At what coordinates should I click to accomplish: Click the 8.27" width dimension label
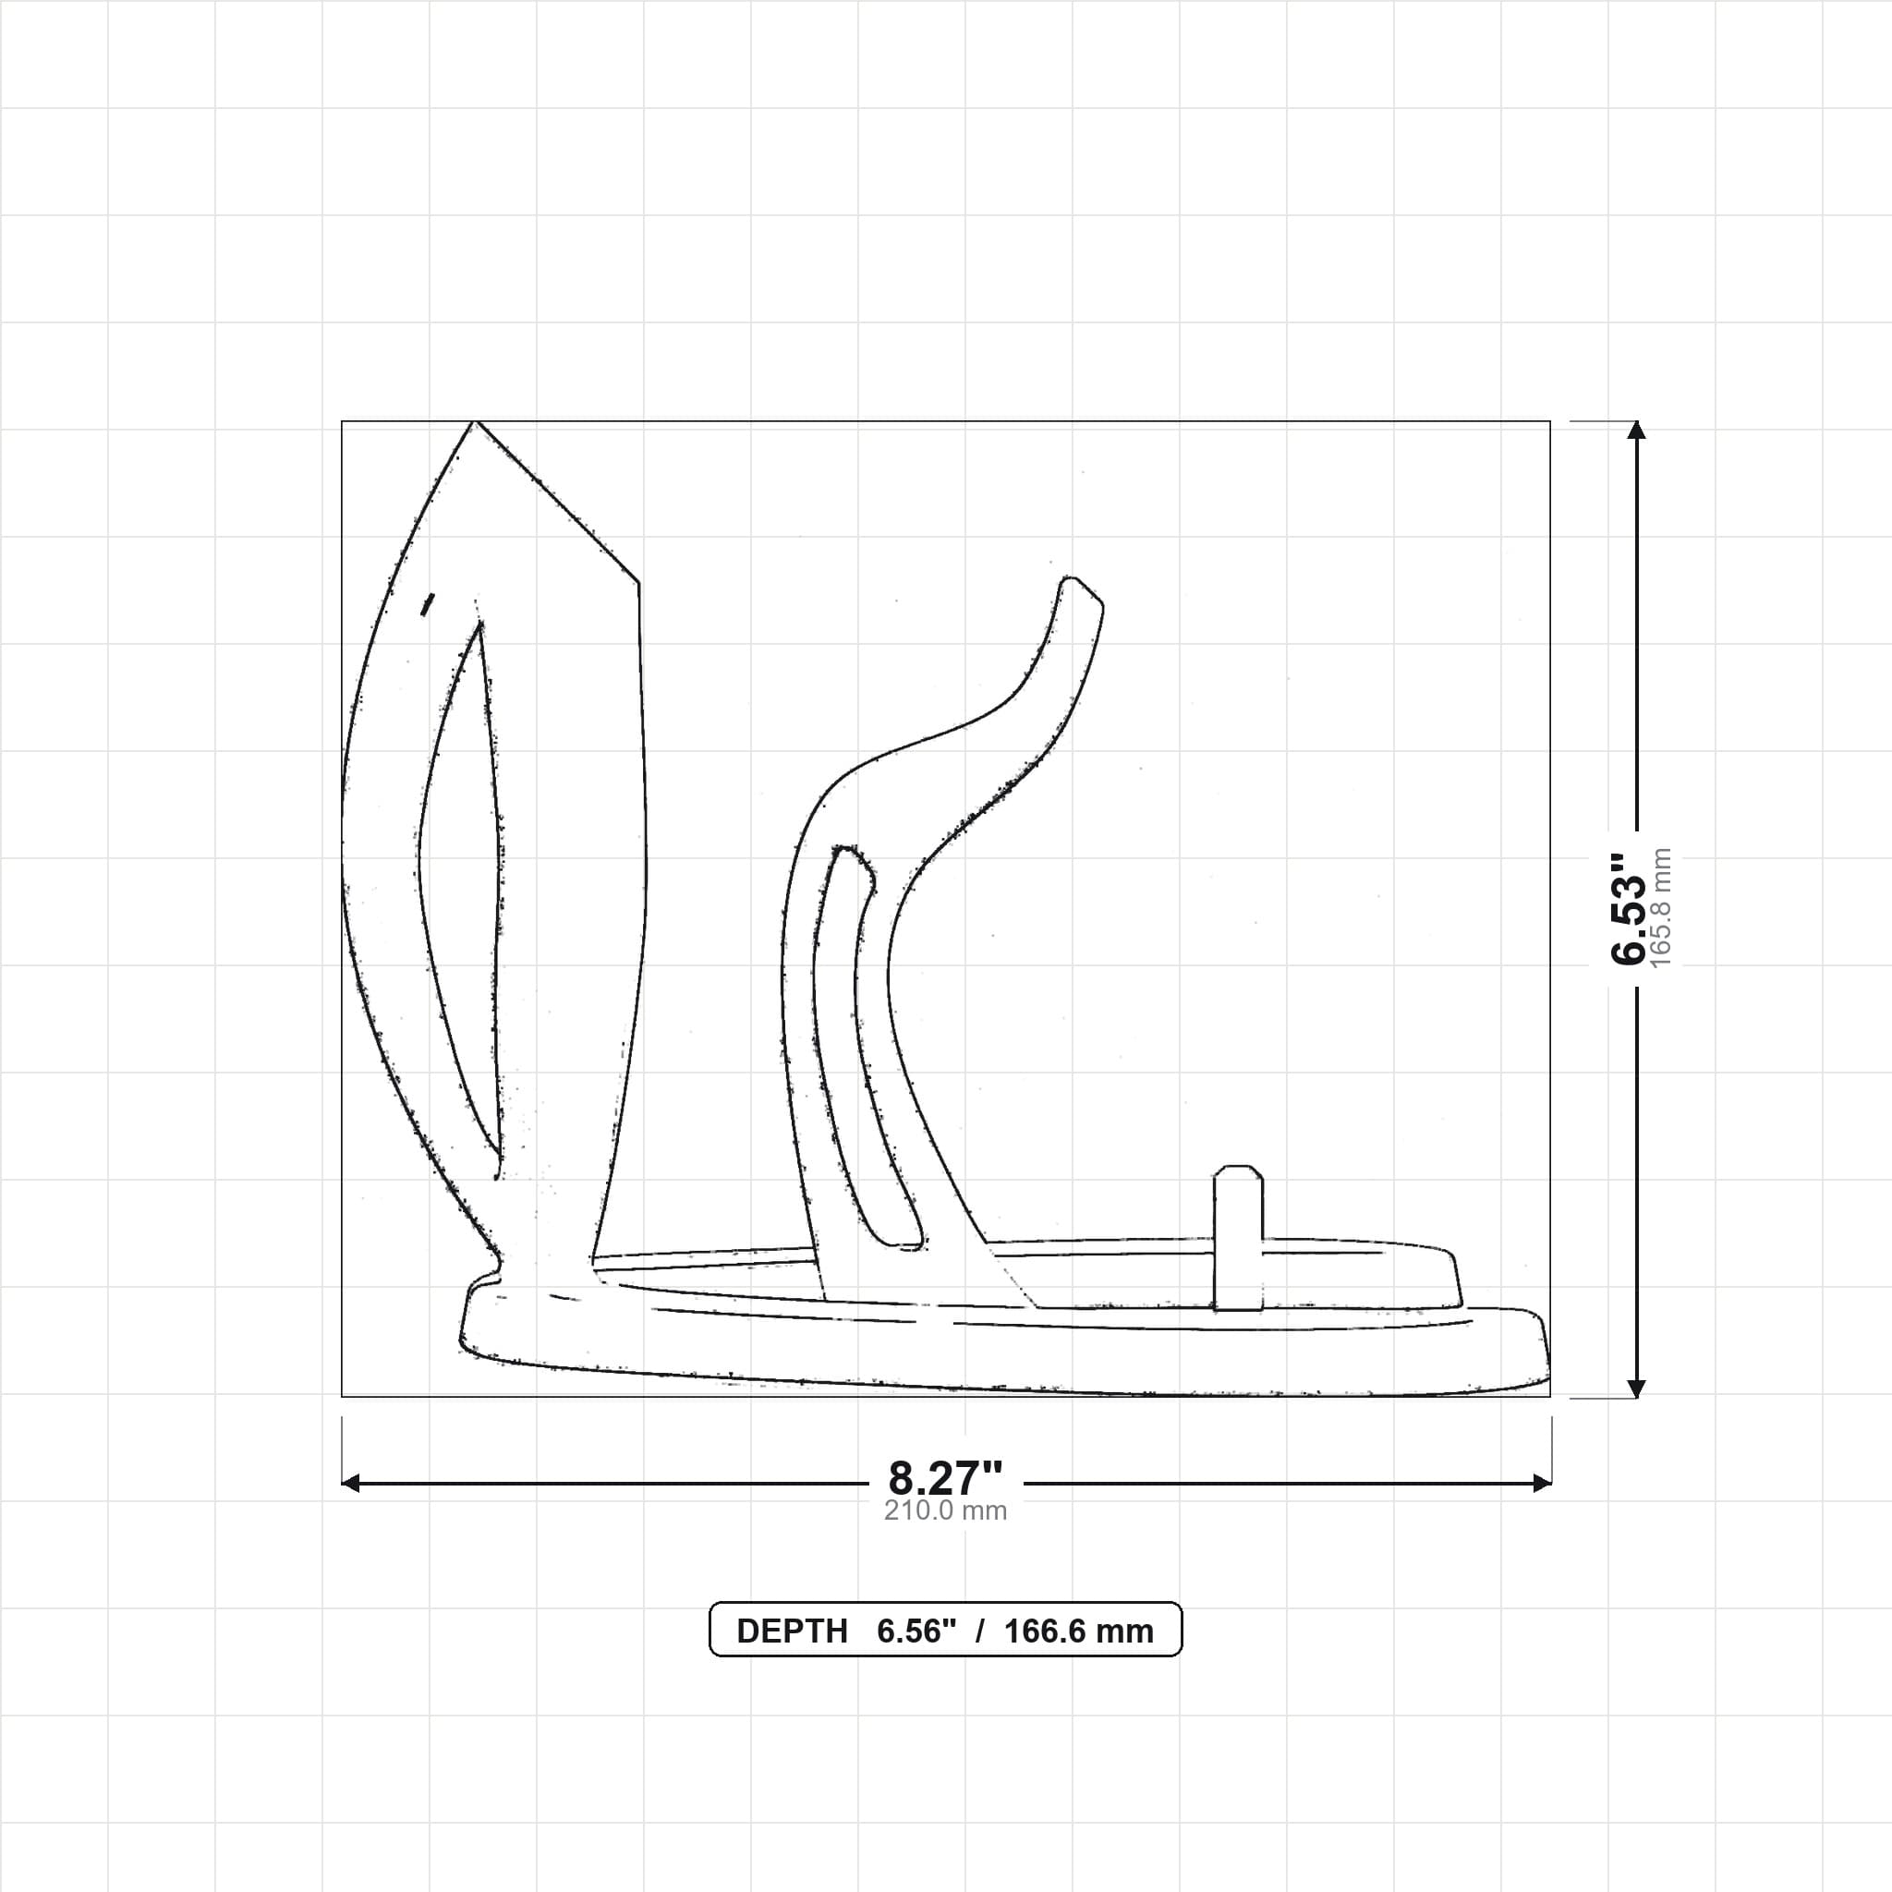945,1479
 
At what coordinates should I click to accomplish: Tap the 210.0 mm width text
945,1511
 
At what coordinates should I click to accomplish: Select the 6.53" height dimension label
1629,909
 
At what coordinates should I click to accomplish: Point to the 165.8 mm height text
1661,909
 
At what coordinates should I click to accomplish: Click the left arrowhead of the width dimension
350,1484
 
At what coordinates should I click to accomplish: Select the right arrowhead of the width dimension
1542,1484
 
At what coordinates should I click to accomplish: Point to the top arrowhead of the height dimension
1635,430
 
